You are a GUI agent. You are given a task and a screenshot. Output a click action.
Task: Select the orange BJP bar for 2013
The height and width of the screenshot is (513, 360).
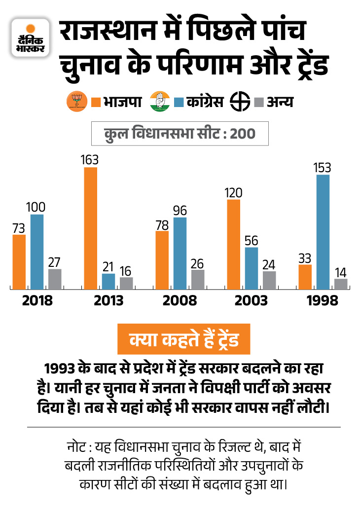tap(91, 228)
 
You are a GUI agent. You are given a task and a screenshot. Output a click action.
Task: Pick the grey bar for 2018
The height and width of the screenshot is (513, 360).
tap(55, 279)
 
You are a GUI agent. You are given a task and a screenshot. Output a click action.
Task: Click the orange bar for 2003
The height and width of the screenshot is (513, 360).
tap(234, 244)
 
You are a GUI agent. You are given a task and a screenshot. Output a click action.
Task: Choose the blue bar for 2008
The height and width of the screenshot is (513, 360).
tap(180, 253)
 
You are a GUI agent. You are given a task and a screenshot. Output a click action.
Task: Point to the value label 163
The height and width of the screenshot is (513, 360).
tap(91, 160)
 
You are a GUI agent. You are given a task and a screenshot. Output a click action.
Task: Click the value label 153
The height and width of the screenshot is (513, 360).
tap(323, 167)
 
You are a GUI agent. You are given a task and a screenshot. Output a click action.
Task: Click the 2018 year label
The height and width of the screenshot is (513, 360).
tap(37, 300)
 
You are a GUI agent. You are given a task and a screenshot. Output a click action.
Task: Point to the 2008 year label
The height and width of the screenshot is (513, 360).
tap(180, 300)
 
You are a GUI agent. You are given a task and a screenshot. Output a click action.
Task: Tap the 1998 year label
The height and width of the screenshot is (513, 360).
tap(323, 300)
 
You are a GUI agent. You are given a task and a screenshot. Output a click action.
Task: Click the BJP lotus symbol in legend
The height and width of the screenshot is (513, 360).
tap(76, 101)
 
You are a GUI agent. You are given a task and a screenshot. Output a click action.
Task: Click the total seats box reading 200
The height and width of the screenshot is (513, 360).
tap(180, 133)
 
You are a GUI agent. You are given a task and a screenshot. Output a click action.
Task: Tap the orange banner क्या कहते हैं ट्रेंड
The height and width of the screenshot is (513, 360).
tap(183, 341)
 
